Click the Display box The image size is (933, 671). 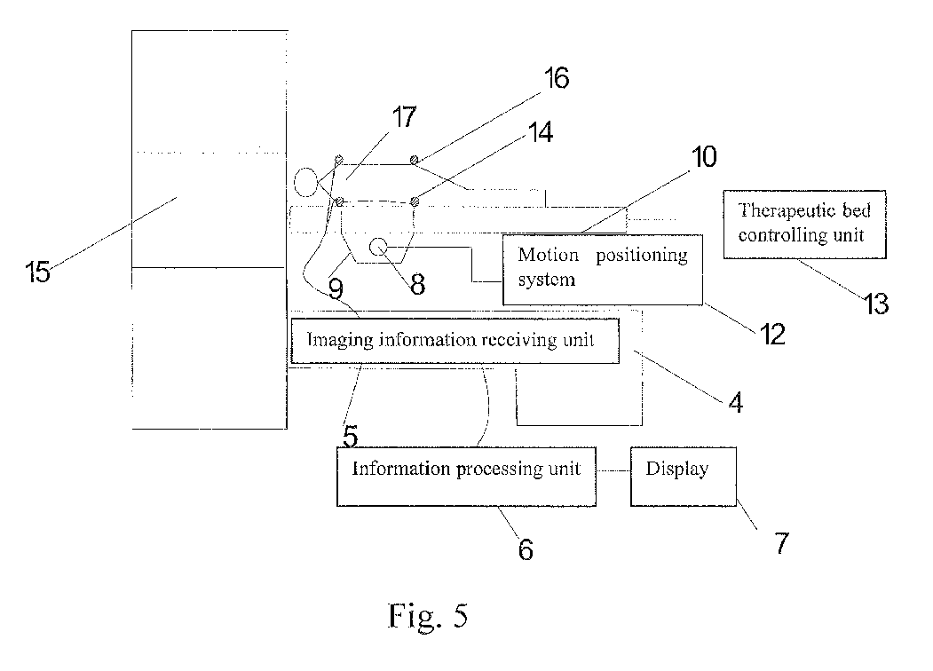coord(684,477)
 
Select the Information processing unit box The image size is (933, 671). coord(467,477)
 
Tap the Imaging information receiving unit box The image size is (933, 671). coord(455,341)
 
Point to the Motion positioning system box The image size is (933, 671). coord(603,270)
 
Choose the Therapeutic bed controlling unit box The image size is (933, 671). coord(804,225)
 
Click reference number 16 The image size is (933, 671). coord(557,78)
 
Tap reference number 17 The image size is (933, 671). coord(404,116)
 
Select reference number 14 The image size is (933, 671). coord(541,132)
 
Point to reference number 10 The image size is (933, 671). coord(704,157)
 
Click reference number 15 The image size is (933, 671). coord(37,272)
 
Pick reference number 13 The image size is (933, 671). coord(876,304)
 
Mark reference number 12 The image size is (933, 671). coord(772,335)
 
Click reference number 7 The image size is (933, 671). coord(781,543)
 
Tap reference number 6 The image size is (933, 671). coord(526,549)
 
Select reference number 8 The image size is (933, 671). coord(418,284)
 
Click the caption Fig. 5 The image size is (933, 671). coord(428,615)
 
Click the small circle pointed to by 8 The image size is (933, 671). coord(378,246)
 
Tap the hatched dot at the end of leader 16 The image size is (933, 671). coord(415,160)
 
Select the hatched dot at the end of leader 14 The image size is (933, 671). coord(415,202)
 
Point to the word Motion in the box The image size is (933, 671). coord(548,255)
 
